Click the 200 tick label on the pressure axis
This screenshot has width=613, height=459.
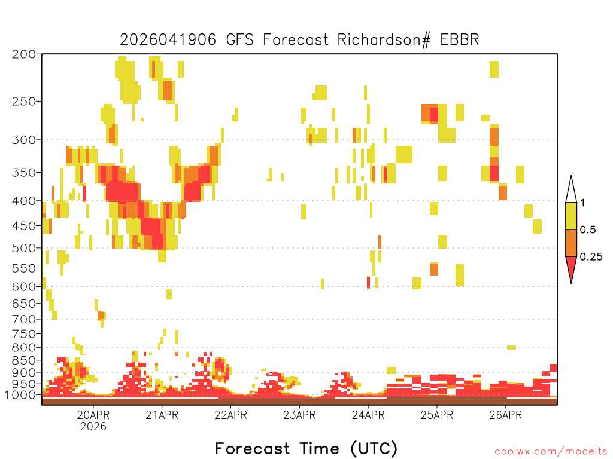tap(24, 54)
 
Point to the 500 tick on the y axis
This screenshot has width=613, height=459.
tap(24, 248)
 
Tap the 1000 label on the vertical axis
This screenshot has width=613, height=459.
tap(20, 395)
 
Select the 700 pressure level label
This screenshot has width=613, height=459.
tap(24, 319)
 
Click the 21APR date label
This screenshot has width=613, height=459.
tap(162, 415)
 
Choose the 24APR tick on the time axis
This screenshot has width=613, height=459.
tap(368, 415)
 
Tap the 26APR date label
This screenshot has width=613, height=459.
tap(505, 415)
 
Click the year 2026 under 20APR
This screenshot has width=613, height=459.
tap(93, 426)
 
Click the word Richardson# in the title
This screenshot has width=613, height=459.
tap(384, 40)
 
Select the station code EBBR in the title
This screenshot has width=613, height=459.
tap(459, 40)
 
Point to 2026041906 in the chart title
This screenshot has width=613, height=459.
tap(168, 40)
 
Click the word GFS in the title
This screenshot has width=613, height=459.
tap(239, 40)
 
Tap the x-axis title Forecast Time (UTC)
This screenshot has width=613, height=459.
tap(306, 448)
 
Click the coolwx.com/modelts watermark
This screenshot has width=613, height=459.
tap(551, 452)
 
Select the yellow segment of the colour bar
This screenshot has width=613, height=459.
tap(571, 216)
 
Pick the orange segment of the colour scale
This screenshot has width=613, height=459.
tap(571, 243)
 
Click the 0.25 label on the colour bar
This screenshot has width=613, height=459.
tap(591, 257)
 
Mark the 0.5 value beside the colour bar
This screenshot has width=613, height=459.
tap(588, 230)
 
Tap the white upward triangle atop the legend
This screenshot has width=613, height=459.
tap(571, 189)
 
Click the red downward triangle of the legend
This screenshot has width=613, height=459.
tap(571, 267)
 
